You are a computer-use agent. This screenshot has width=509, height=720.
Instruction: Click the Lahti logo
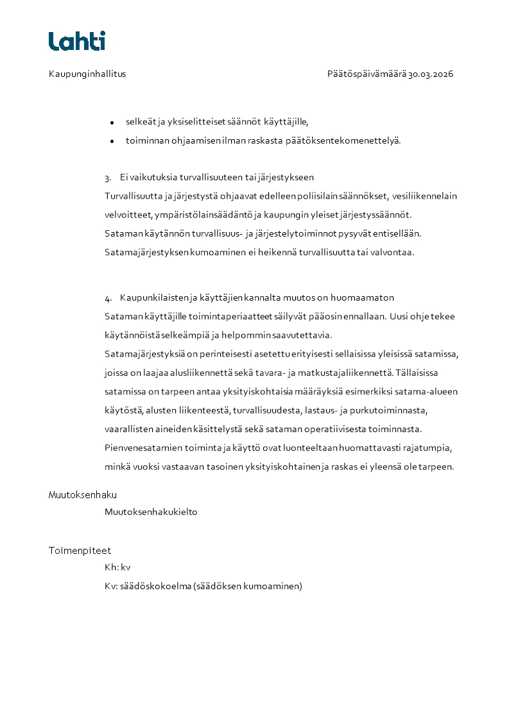pyautogui.click(x=77, y=41)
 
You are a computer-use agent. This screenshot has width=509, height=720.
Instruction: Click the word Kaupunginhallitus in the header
pyautogui.click(x=87, y=74)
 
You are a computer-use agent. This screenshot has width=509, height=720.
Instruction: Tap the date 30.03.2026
pyautogui.click(x=431, y=74)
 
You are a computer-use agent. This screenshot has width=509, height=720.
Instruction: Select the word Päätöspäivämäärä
pyautogui.click(x=367, y=74)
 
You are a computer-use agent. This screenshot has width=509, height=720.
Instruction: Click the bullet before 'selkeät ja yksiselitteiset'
pyautogui.click(x=112, y=122)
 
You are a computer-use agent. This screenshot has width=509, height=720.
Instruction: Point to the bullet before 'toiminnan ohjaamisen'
pyautogui.click(x=112, y=141)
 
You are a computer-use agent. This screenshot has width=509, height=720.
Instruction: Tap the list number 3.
pyautogui.click(x=108, y=178)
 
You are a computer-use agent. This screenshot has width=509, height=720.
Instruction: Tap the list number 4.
pyautogui.click(x=108, y=298)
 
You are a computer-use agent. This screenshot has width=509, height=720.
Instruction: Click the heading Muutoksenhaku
pyautogui.click(x=83, y=495)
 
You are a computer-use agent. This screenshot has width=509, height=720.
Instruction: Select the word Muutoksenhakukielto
pyautogui.click(x=151, y=512)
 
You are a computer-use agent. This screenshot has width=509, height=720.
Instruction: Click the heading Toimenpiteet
pyautogui.click(x=80, y=551)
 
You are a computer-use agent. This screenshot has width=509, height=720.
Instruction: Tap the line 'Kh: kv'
pyautogui.click(x=117, y=567)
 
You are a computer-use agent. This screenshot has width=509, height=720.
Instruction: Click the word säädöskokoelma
pyautogui.click(x=155, y=586)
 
